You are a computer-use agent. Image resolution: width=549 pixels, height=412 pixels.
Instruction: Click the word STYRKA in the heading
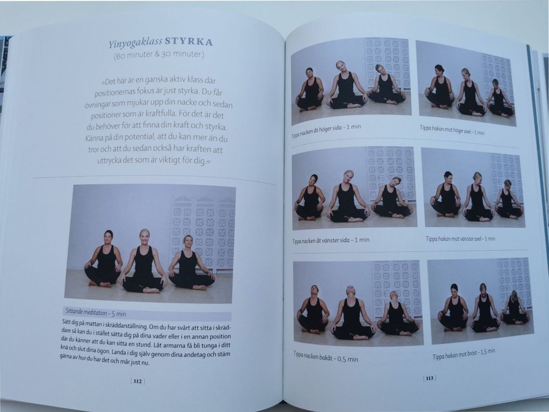click(188, 42)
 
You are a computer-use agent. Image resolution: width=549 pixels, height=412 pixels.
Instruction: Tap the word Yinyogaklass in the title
click(135, 44)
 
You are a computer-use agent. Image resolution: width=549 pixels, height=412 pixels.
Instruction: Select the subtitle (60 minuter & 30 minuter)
click(159, 55)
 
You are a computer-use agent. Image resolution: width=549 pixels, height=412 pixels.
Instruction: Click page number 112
click(138, 381)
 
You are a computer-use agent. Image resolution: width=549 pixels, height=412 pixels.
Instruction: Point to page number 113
click(429, 378)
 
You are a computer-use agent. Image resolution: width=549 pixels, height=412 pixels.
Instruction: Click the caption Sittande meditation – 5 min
click(96, 313)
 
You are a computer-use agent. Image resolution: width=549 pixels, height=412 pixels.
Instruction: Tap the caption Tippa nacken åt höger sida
click(326, 130)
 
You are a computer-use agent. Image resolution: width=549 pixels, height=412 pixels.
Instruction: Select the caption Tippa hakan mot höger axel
click(452, 130)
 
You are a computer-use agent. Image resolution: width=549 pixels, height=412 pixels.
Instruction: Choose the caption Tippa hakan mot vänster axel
click(460, 239)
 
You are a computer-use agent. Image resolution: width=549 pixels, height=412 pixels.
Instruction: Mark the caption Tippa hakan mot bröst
click(464, 353)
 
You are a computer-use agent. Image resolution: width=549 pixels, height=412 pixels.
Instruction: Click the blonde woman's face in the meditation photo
click(144, 238)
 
